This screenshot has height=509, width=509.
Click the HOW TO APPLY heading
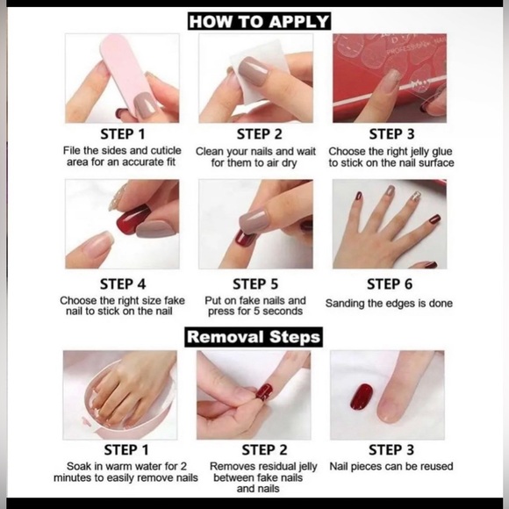[x=259, y=21]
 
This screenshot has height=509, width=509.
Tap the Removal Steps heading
[x=254, y=337]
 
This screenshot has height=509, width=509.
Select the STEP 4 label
[x=123, y=284]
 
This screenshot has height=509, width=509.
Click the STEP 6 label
[x=390, y=284]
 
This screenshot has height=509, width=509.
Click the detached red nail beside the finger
[x=361, y=397]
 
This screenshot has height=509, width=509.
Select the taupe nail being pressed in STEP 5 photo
[x=254, y=221]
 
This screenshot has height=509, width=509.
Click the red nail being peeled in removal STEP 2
[x=263, y=391]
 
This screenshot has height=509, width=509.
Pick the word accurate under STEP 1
[x=143, y=162]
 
